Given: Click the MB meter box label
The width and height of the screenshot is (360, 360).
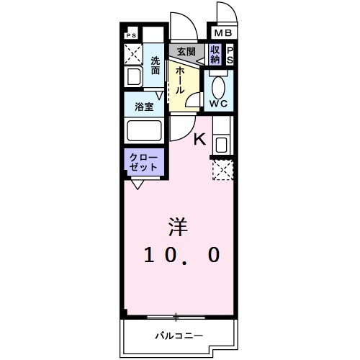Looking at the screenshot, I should point(222,33).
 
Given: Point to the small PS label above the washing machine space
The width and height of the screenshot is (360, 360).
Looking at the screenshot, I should point(131,35).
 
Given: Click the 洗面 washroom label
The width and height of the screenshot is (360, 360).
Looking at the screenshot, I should point(156,66).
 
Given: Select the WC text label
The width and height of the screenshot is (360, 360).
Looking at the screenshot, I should point(219,104).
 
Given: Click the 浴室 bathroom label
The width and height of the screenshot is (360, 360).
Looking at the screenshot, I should point(145,106).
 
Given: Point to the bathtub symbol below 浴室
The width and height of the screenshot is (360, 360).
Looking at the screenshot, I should point(144,131).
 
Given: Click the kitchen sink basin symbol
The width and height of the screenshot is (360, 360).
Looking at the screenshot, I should point(220,143).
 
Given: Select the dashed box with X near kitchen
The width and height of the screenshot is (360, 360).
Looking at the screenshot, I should point(221,170).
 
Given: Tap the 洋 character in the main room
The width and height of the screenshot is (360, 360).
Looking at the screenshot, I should point(178,228).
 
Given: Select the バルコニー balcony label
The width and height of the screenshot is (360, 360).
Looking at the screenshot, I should point(179,336).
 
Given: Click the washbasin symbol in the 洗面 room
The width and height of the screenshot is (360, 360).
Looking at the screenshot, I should point(134,77).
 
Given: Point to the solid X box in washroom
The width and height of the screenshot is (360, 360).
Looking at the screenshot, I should point(134,54).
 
